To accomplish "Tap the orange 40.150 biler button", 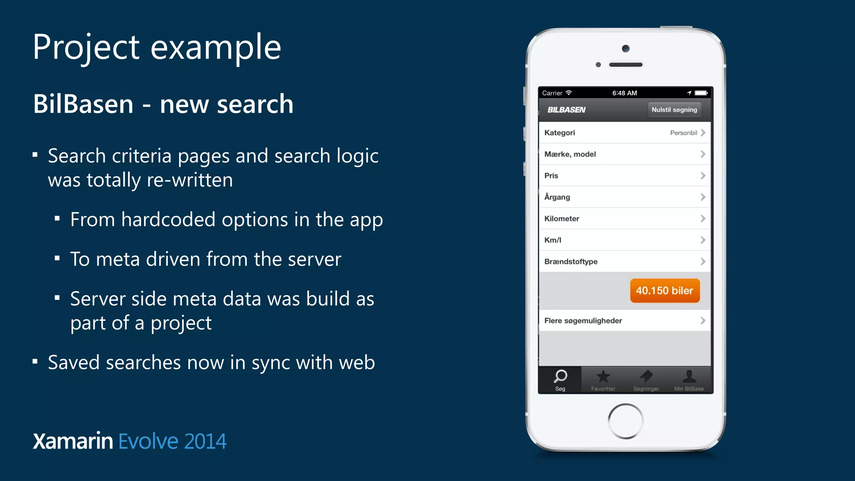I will (x=665, y=291).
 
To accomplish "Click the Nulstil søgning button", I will (x=674, y=110).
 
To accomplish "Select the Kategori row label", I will (x=559, y=133).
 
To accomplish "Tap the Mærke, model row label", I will (x=570, y=154).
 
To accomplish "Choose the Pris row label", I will (x=551, y=176).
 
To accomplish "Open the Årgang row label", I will (x=557, y=197).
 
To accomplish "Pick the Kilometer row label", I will (x=562, y=218).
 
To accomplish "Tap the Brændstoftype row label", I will (x=571, y=261).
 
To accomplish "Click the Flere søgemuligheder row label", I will (x=583, y=321).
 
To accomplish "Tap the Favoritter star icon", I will (x=603, y=377).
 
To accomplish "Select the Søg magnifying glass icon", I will (x=560, y=376).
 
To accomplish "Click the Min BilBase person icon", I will (x=689, y=376).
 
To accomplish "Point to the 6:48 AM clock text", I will (x=625, y=93).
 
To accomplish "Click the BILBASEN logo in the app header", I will (x=566, y=110).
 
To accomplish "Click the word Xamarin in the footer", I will (x=73, y=441).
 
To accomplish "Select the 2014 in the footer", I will (x=205, y=441).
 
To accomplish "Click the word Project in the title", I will (x=86, y=48).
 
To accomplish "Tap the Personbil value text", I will (x=683, y=133).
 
